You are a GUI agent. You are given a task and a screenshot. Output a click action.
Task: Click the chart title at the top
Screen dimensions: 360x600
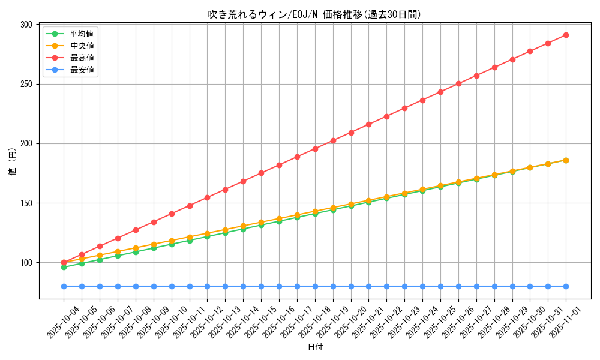pos(314,14)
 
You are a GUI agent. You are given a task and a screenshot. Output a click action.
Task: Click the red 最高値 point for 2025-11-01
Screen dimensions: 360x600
pos(566,35)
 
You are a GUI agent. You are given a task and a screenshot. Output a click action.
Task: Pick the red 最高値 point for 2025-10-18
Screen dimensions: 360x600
pos(315,149)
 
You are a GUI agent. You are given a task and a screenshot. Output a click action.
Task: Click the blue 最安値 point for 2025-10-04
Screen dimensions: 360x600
pos(64,286)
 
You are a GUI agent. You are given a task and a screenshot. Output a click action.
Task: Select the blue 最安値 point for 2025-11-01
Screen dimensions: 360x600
pos(566,286)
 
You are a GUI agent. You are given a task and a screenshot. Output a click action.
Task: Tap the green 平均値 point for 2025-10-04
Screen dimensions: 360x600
pos(64,267)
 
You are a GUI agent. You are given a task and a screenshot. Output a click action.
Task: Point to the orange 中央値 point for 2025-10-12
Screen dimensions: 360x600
pos(207,233)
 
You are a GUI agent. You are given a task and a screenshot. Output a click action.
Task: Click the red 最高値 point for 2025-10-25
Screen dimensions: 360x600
pos(440,92)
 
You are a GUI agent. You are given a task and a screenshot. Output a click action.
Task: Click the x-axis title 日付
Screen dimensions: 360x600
pos(314,347)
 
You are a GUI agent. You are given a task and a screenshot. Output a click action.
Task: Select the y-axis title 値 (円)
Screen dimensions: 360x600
pos(13,161)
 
